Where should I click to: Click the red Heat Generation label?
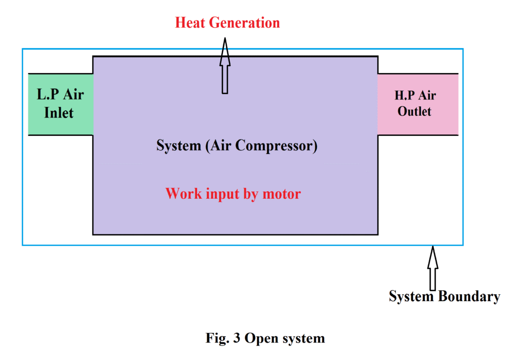coord(227,22)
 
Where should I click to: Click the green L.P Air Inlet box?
coord(60,104)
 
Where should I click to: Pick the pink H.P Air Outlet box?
coord(418,104)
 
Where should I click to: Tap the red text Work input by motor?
coord(233,193)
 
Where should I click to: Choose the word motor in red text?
coord(282,193)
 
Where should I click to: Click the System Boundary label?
coord(444,297)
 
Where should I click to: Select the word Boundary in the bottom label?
coord(468,297)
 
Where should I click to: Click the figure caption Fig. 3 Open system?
coord(265,339)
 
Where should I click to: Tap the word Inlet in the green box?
coord(59,113)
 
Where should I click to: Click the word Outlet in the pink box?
coord(415,112)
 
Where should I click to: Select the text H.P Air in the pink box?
coord(415,95)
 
